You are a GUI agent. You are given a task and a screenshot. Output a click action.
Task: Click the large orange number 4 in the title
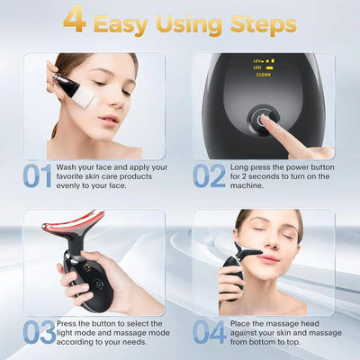click(x=75, y=22)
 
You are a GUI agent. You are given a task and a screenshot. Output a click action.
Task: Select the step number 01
click(x=37, y=176)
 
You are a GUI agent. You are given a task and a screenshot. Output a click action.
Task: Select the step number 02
click(x=209, y=176)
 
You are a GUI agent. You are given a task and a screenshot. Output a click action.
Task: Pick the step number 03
click(x=38, y=334)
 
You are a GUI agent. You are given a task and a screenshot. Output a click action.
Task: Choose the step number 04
click(x=210, y=334)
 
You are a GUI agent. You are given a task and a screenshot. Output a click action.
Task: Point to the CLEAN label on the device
click(x=263, y=75)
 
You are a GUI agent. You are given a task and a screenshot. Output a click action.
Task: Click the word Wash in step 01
click(x=66, y=166)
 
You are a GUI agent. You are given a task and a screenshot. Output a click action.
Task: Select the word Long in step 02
click(x=238, y=166)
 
